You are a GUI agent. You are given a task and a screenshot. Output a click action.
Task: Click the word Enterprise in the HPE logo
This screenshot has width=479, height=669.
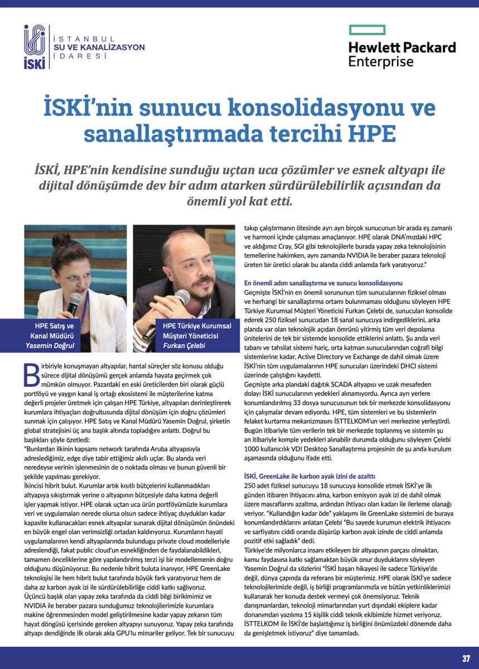[x=381, y=61]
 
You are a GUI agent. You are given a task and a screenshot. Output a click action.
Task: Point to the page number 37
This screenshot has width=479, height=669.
[x=466, y=658]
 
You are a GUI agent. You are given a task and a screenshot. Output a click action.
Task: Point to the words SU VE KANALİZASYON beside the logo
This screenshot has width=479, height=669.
[x=99, y=47]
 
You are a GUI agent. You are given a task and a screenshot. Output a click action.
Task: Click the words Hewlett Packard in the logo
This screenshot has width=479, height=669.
[x=401, y=47]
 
